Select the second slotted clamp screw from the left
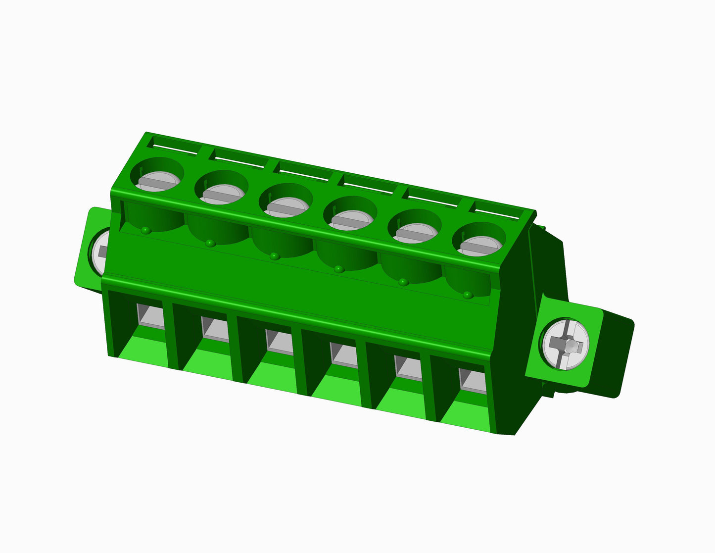221,194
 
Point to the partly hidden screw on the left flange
100,251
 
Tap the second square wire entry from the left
215,329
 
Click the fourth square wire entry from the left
344,355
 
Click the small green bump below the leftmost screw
145,230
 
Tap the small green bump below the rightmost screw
467,295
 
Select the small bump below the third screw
274,256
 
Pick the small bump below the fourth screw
338,269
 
